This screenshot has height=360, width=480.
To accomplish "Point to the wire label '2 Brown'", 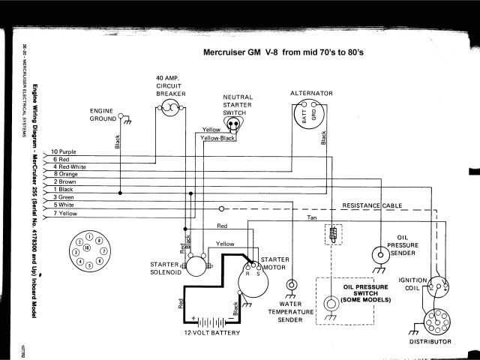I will (66, 181).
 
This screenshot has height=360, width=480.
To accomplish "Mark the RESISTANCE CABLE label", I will (371, 205).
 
